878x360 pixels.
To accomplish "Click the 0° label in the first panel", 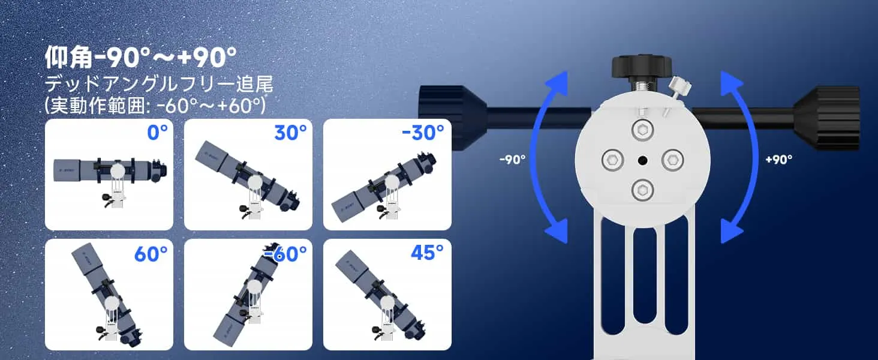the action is pyautogui.click(x=158, y=133).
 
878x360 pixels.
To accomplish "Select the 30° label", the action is pyautogui.click(x=290, y=133).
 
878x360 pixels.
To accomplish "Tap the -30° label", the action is pyautogui.click(x=423, y=133).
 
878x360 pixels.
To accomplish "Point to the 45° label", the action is pyautogui.click(x=427, y=253).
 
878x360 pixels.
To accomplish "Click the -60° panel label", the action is pyautogui.click(x=285, y=254).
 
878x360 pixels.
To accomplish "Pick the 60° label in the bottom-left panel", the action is pyautogui.click(x=151, y=254).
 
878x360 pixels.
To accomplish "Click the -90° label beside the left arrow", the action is pyautogui.click(x=512, y=160).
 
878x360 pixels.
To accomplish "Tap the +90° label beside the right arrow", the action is pyautogui.click(x=779, y=159).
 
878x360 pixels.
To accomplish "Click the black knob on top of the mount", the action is pyautogui.click(x=642, y=67).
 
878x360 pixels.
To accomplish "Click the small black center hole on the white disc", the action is pyautogui.click(x=642, y=160).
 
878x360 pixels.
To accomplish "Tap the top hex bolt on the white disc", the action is pyautogui.click(x=642, y=130).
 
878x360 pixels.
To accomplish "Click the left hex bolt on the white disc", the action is pyautogui.click(x=613, y=160).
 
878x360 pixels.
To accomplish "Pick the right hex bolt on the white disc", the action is pyautogui.click(x=673, y=160).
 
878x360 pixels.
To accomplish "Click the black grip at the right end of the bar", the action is pyautogui.click(x=827, y=118).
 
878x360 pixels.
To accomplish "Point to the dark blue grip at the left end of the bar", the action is pyautogui.click(x=453, y=118).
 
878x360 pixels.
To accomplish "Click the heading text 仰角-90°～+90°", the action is pyautogui.click(x=141, y=57).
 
